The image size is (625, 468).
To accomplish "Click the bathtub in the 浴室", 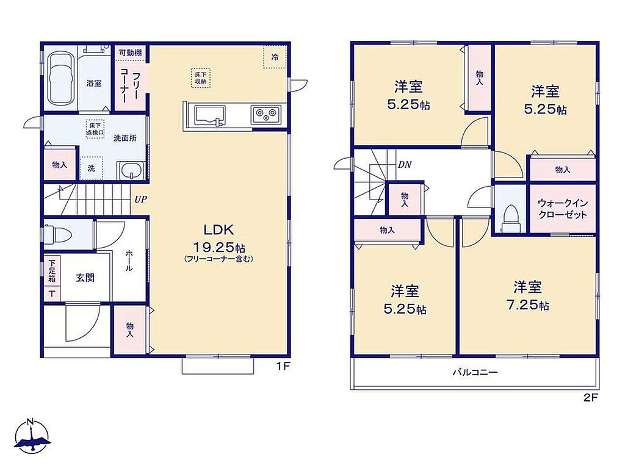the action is (60, 79).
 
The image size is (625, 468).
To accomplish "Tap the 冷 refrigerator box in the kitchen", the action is (275, 57).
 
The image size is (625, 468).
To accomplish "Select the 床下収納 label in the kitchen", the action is (200, 78).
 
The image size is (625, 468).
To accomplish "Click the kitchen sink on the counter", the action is (210, 115).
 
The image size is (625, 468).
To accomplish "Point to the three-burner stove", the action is (266, 115).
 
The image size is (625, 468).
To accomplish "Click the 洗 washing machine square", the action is (92, 168).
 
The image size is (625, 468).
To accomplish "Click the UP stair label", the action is (140, 200).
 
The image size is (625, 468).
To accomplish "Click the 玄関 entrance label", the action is (85, 278).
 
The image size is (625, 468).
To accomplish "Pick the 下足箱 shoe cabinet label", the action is (52, 271).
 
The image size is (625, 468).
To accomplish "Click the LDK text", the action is (219, 229).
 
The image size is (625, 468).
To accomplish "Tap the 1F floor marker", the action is (283, 366).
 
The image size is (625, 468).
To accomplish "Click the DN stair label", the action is (405, 165).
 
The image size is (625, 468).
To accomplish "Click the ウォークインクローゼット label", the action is (562, 209).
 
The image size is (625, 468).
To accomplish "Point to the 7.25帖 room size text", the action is (527, 305).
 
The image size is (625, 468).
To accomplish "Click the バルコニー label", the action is (475, 373).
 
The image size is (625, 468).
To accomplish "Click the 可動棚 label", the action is (131, 52).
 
